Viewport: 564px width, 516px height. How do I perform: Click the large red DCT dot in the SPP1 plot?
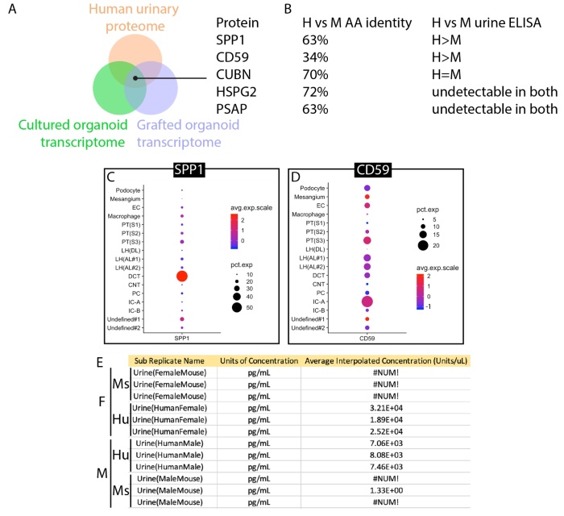(x=183, y=277)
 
